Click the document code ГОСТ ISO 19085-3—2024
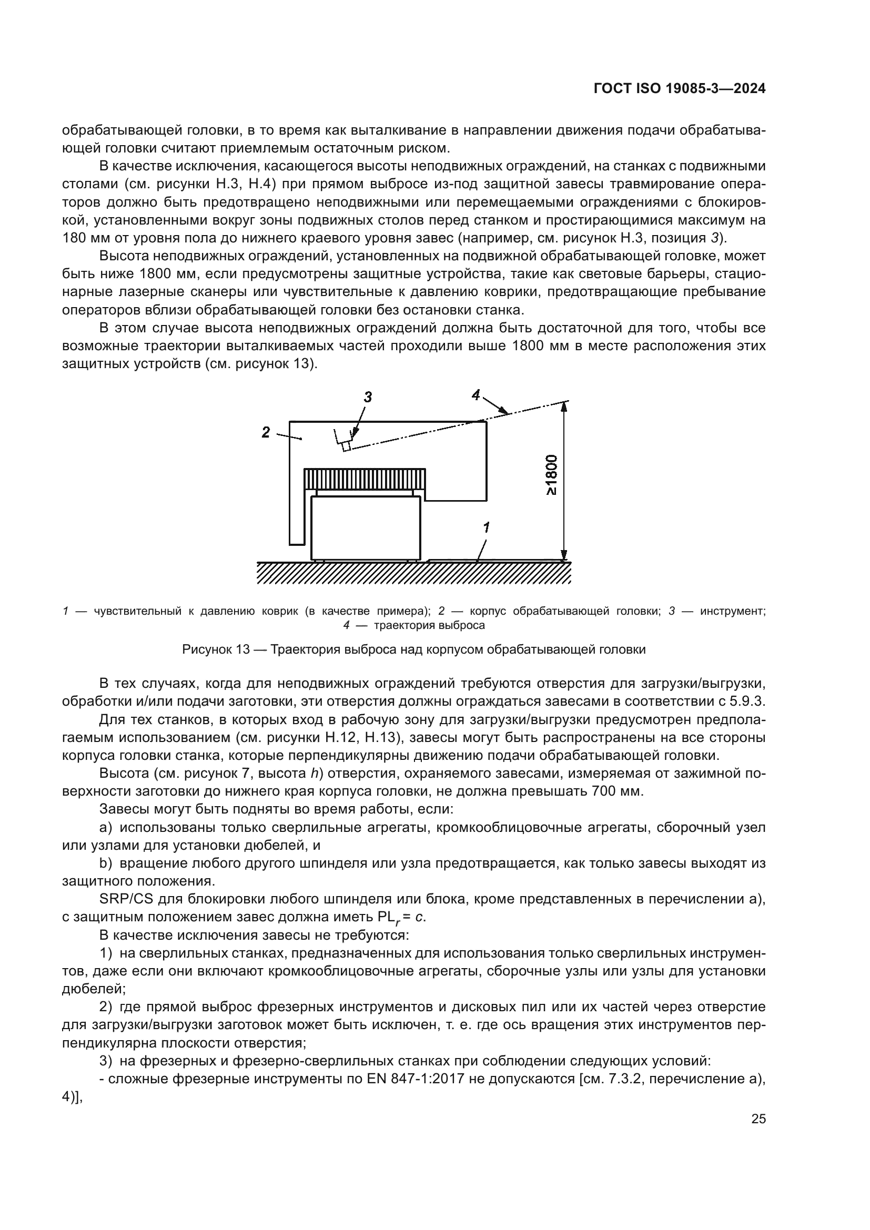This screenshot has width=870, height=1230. click(x=679, y=89)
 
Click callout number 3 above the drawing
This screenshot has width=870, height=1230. click(x=368, y=397)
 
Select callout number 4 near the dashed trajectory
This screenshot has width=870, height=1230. click(x=476, y=395)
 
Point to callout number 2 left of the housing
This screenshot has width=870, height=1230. click(x=266, y=432)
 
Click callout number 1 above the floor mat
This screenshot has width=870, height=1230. click(x=486, y=527)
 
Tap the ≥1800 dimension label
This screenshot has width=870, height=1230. click(x=551, y=475)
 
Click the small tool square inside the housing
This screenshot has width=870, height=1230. click(x=346, y=446)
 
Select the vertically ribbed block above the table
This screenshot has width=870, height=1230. click(x=365, y=479)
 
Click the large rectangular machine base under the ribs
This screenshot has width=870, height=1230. click(x=366, y=527)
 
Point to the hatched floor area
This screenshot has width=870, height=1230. click(x=412, y=573)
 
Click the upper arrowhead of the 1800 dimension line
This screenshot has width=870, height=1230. click(x=563, y=407)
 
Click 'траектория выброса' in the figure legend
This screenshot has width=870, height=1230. click(x=429, y=625)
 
